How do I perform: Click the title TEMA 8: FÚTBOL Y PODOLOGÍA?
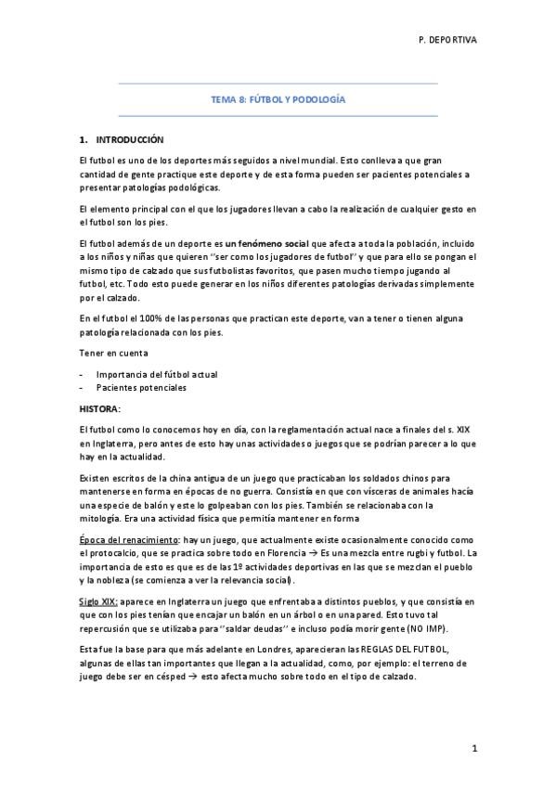pyautogui.click(x=278, y=98)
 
